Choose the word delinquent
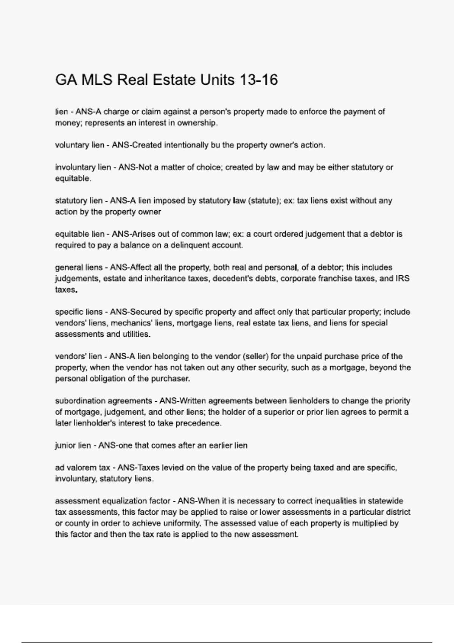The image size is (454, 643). point(190,245)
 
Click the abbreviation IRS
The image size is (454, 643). point(403,279)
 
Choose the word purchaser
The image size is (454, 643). point(171,379)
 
